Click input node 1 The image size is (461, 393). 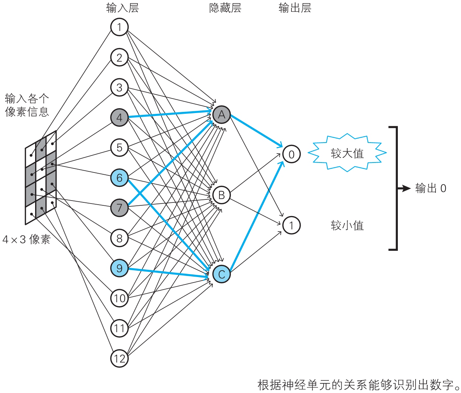(x=119, y=27)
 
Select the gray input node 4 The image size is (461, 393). (x=119, y=118)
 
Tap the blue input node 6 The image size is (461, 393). (x=119, y=178)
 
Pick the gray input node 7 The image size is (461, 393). (x=119, y=208)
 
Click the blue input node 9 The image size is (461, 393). (x=119, y=268)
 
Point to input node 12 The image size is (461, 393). (x=119, y=358)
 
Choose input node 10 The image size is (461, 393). (x=119, y=298)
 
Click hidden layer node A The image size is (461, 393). (x=221, y=115)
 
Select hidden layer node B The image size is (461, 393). (x=221, y=195)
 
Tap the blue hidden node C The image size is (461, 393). (x=221, y=274)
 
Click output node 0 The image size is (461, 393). (x=291, y=154)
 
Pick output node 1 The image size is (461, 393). (x=291, y=225)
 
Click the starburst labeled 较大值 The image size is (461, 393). (x=347, y=153)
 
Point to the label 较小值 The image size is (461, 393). (x=347, y=225)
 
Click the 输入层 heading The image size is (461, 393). (x=122, y=8)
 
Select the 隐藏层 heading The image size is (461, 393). (x=225, y=8)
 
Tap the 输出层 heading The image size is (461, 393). (x=294, y=8)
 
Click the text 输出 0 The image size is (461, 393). (x=431, y=188)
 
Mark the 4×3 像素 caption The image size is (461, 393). (x=26, y=240)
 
